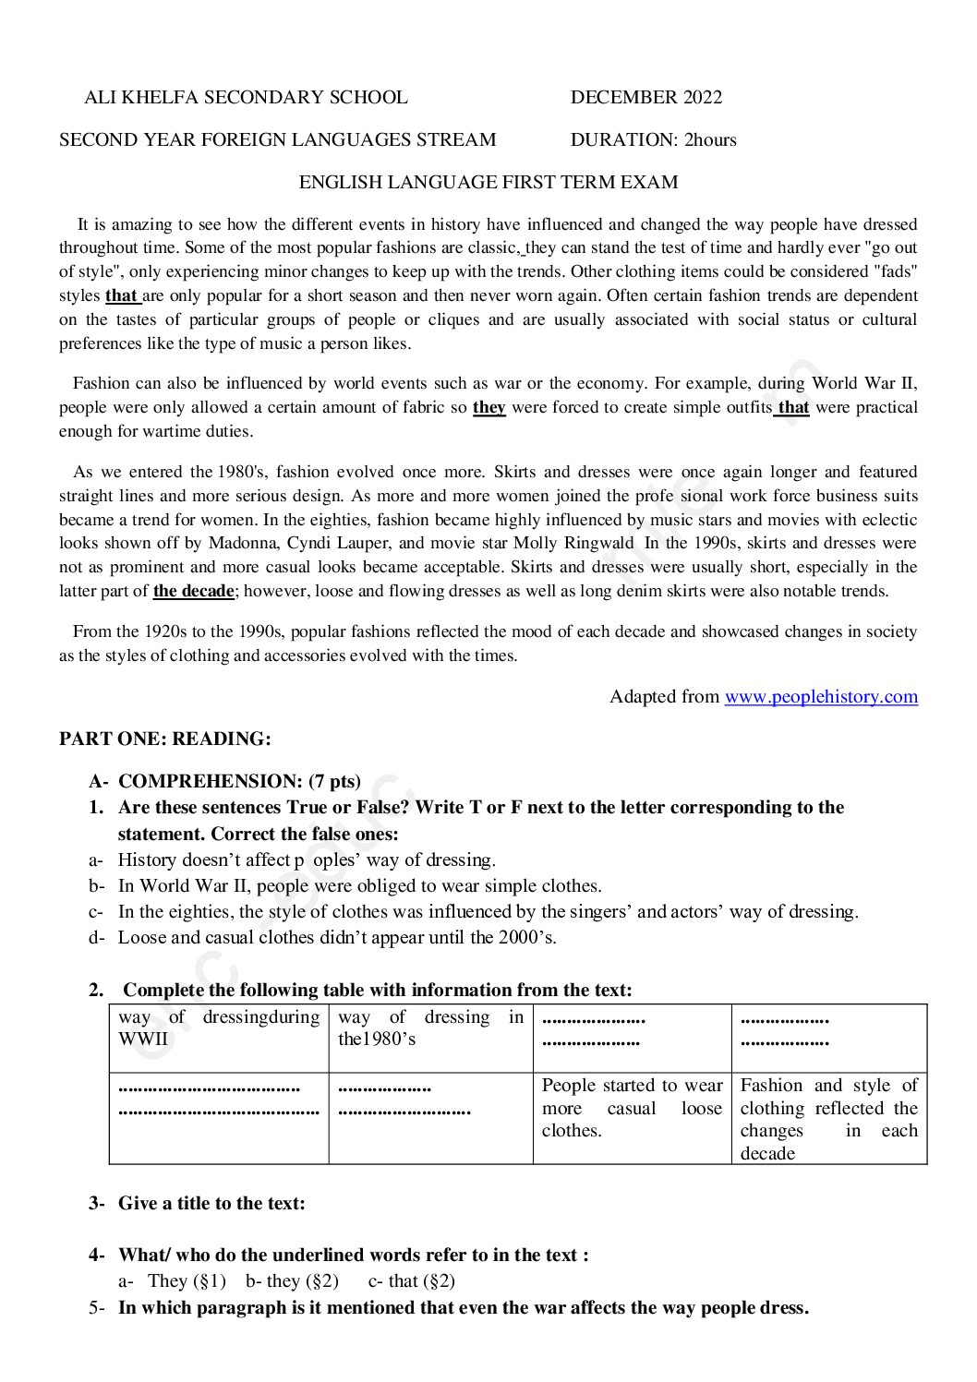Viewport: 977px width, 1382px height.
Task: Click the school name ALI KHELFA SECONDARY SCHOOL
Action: (x=246, y=97)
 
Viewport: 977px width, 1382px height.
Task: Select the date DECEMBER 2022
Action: (x=645, y=97)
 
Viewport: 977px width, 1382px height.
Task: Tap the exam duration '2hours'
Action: (x=710, y=139)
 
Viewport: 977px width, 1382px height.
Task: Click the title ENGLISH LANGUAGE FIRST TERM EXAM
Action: (x=488, y=182)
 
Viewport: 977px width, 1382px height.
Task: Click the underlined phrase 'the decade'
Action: (x=194, y=591)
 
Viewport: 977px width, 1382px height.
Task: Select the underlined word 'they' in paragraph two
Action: (x=488, y=407)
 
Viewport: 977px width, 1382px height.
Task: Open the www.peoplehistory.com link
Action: (x=820, y=696)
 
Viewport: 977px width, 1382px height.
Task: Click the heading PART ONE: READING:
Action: (x=165, y=739)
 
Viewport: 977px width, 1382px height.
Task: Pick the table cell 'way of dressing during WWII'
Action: (x=219, y=1027)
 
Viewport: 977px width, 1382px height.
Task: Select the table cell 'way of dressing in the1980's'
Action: (x=430, y=1027)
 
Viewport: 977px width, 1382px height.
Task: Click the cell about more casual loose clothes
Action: (x=632, y=1108)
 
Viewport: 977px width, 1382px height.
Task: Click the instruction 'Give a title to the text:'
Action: (x=211, y=1203)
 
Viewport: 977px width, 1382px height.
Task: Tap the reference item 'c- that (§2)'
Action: (x=411, y=1280)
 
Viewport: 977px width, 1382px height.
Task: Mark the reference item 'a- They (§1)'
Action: (x=173, y=1280)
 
